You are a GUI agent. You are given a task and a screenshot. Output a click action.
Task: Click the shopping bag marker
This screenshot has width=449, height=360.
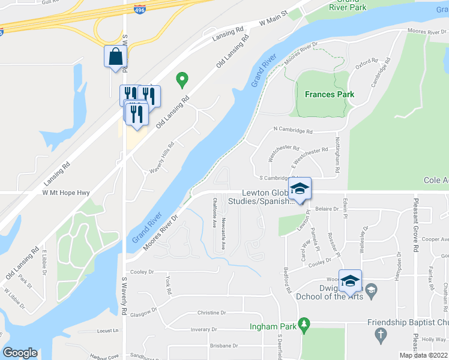[x=114, y=57]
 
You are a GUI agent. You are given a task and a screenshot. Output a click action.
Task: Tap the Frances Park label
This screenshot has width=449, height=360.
[x=329, y=94]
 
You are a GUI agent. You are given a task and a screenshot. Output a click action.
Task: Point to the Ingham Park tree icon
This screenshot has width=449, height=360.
[x=304, y=323]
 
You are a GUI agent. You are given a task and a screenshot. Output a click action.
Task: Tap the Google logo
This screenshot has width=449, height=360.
[x=20, y=352]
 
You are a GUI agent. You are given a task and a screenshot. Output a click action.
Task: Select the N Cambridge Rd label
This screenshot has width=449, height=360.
[x=293, y=130]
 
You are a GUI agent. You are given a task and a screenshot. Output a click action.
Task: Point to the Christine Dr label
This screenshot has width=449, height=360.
[x=211, y=313]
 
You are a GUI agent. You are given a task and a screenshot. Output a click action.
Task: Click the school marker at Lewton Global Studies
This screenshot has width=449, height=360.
[x=299, y=188]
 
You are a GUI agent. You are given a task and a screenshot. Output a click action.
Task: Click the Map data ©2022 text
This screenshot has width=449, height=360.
[x=423, y=355]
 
